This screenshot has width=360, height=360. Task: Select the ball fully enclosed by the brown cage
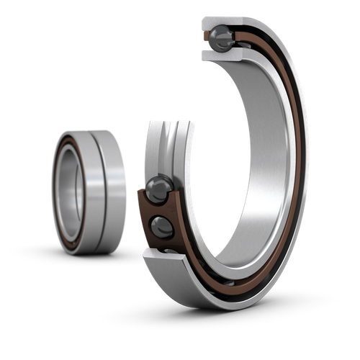163,227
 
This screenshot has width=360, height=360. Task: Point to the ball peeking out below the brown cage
168,251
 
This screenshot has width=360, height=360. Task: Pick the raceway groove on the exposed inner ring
169,148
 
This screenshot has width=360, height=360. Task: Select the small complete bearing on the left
89,191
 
